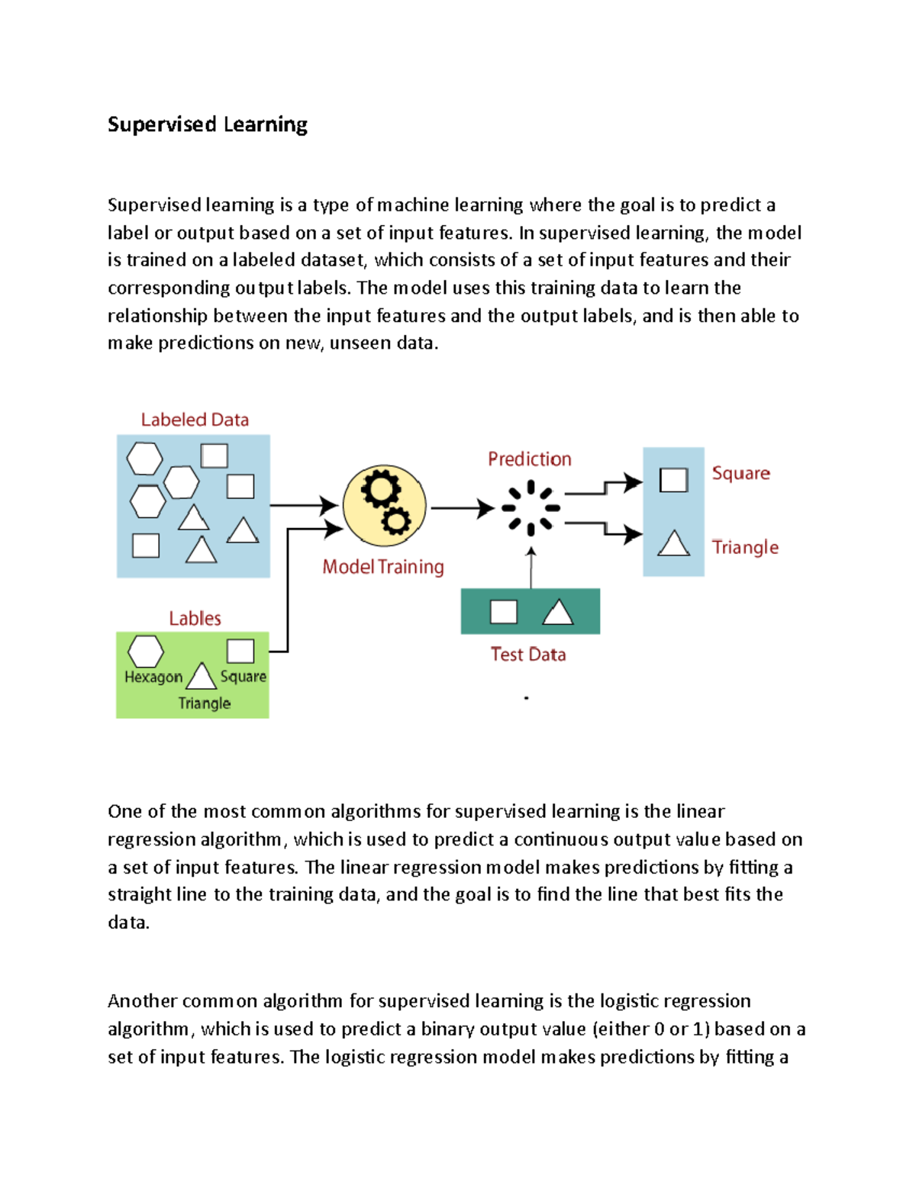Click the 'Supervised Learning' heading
tap(208, 124)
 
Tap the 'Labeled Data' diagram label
tap(195, 420)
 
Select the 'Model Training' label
tap(382, 567)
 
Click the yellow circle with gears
tap(384, 506)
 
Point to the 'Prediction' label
tap(529, 459)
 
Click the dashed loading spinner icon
tap(531, 507)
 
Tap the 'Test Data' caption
tap(528, 655)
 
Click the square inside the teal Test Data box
tap(503, 612)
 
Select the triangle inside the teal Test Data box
tap(558, 612)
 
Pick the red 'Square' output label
tap(740, 473)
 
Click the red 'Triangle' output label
tap(745, 547)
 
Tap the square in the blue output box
tap(673, 480)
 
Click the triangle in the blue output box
tap(673, 543)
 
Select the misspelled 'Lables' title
tap(195, 618)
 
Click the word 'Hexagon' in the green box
tap(153, 677)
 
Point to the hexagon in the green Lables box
tap(145, 651)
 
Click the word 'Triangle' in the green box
tap(204, 704)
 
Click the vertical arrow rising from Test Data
tap(531, 568)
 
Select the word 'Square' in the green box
tap(243, 677)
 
